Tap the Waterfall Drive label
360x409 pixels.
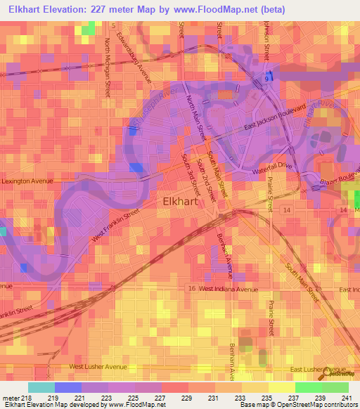pos(272,166)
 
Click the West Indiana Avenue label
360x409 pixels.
pos(229,289)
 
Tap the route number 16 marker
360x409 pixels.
pos(191,289)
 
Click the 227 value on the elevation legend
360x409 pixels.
pos(160,398)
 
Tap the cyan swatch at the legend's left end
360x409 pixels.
pos(41,387)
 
